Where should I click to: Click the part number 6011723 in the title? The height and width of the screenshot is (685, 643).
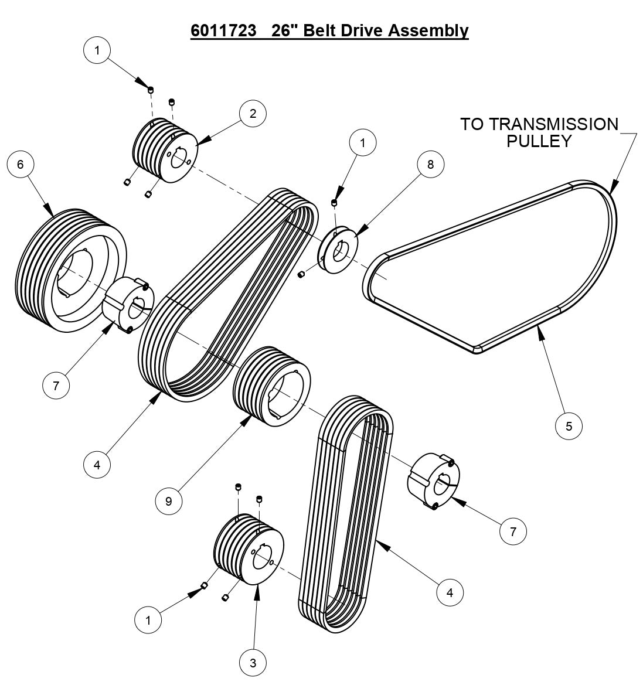223,30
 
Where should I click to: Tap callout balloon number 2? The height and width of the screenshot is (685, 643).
253,114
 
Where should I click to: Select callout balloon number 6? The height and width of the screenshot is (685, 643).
21,165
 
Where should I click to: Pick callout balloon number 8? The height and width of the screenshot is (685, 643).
431,165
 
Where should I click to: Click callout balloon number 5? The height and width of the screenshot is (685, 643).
569,426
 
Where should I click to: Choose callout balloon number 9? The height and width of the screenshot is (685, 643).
169,502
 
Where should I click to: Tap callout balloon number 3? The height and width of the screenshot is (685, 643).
253,663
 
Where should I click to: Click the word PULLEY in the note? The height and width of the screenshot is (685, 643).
539,141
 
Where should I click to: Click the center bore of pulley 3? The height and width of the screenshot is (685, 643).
262,554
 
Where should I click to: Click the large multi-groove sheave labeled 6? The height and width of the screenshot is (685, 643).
64,270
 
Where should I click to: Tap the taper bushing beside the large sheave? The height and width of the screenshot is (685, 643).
128,304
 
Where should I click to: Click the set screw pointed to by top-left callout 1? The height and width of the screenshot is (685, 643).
151,90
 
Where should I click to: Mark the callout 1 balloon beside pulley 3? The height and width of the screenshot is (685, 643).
148,619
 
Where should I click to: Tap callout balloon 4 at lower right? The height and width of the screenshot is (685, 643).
450,592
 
